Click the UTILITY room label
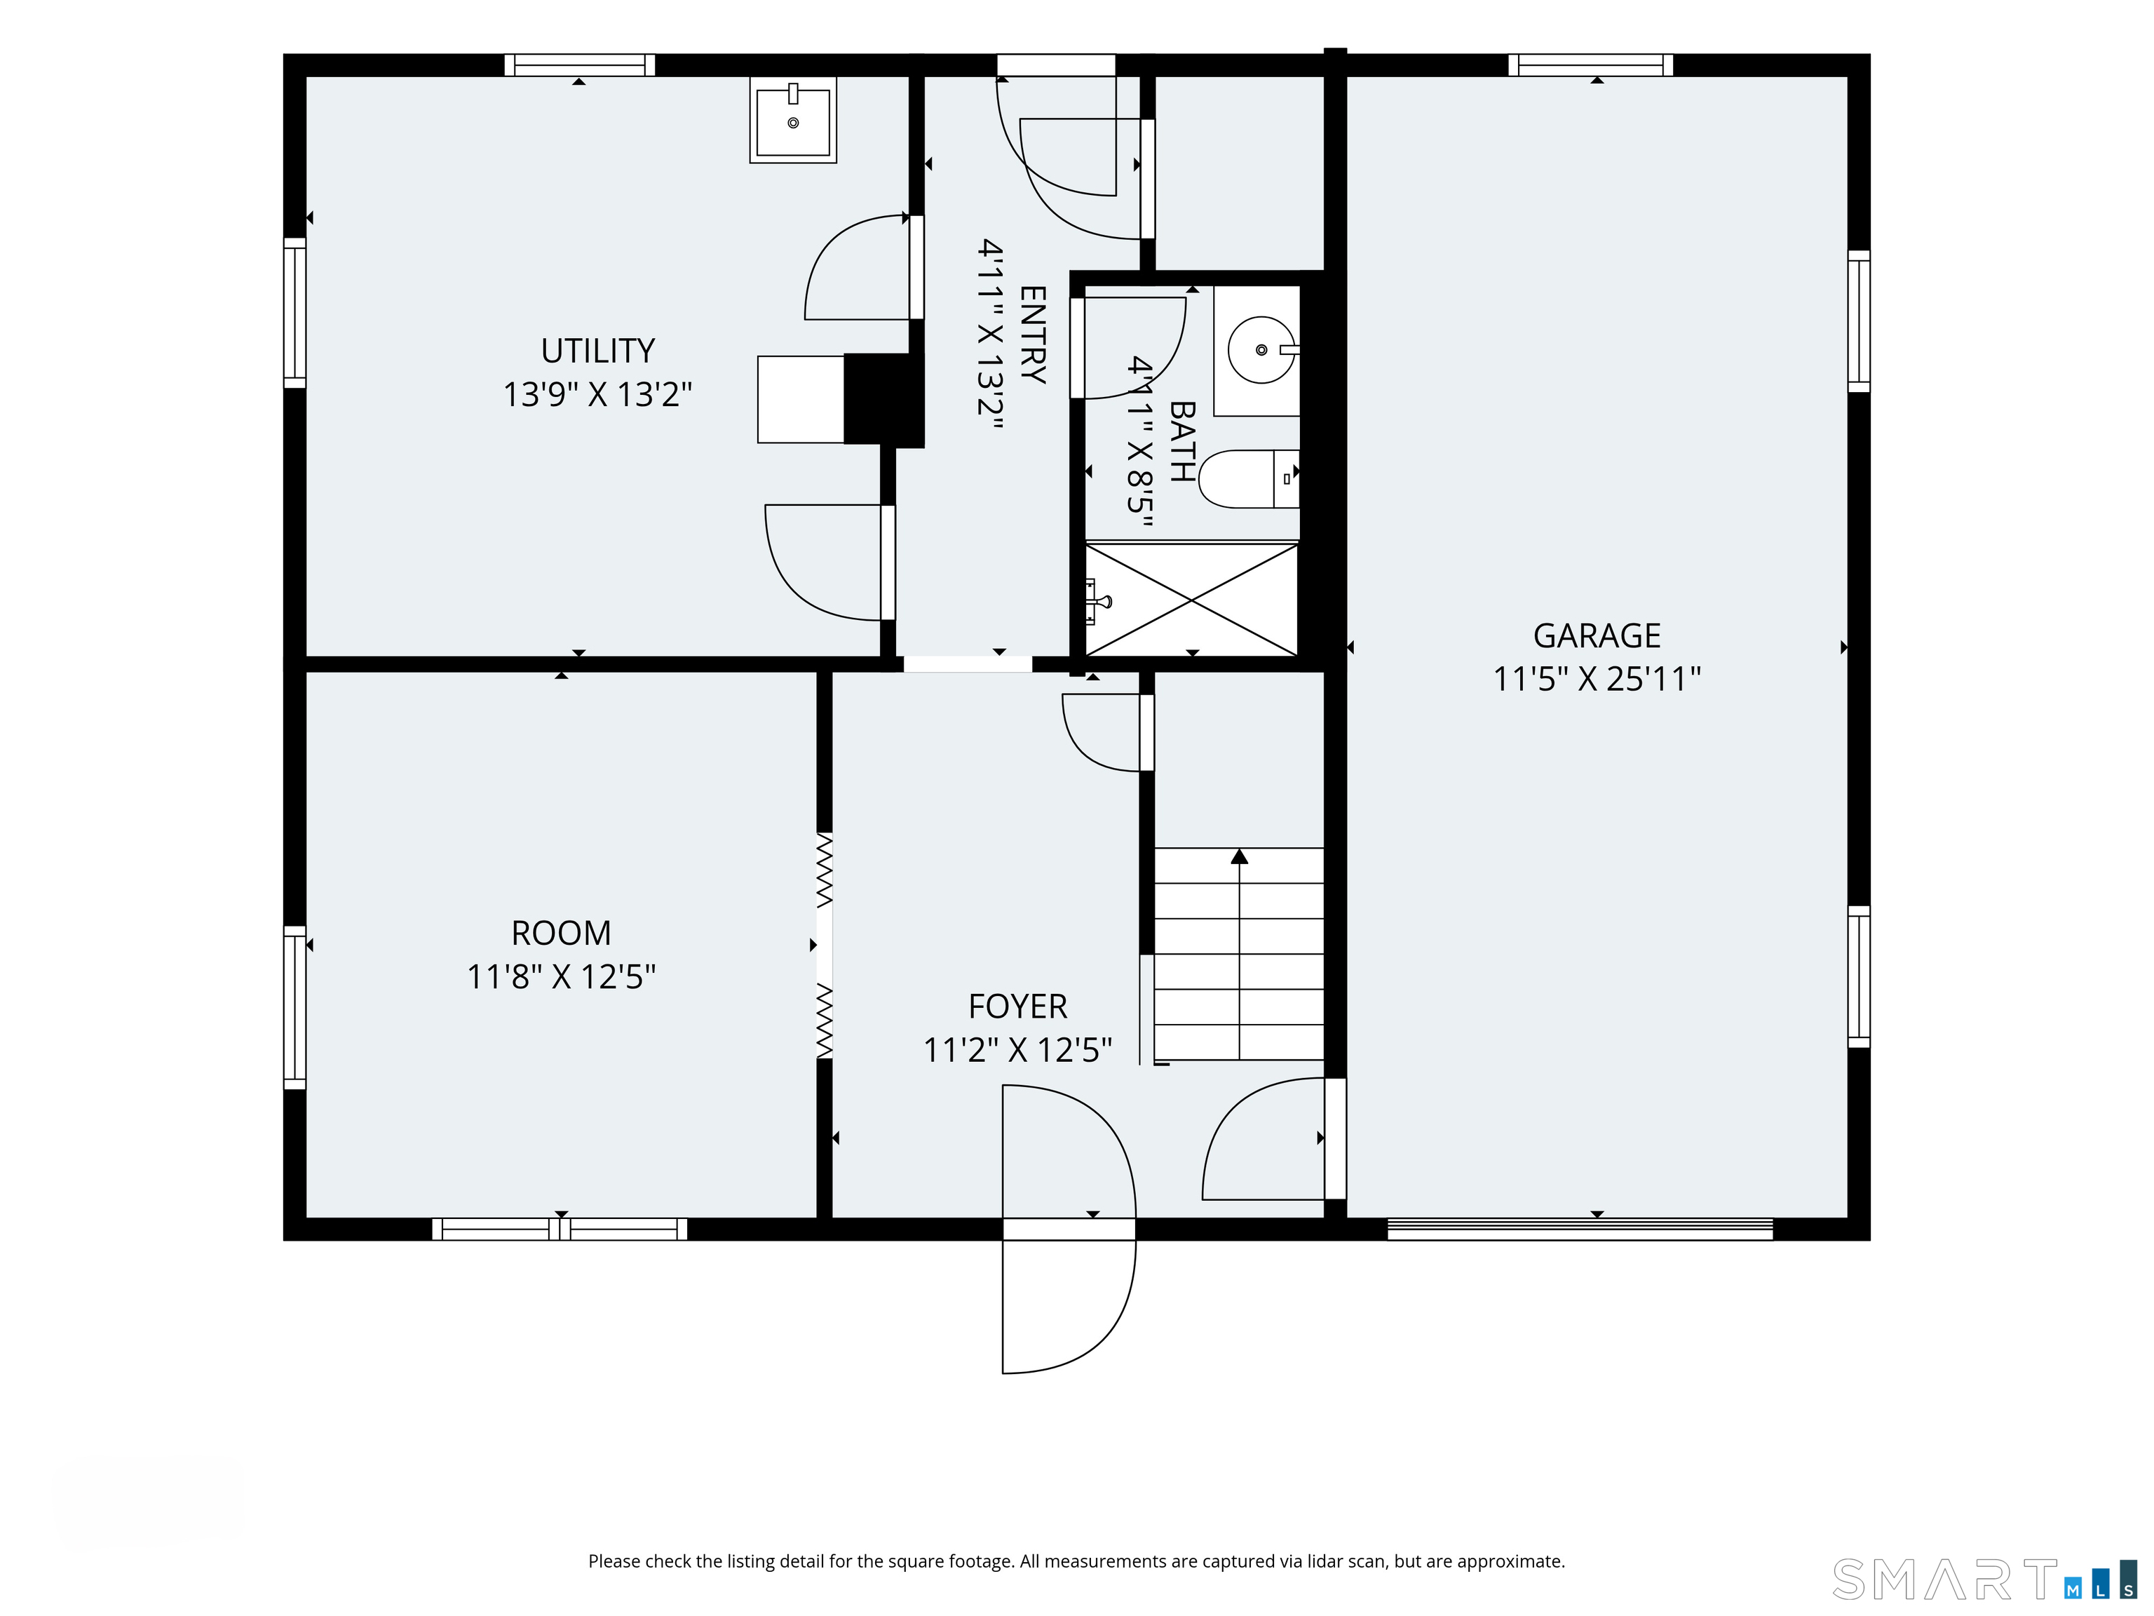coord(598,351)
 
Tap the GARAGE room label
coord(1597,636)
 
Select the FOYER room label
coord(1017,1006)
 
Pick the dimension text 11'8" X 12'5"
coord(562,976)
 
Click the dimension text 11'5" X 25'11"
coord(1597,679)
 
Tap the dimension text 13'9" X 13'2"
coord(598,394)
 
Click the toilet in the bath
coord(1248,479)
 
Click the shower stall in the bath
coord(1192,600)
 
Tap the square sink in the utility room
coord(792,120)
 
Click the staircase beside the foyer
coord(1239,955)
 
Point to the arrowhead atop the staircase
coord(1239,856)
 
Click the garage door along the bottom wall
coord(1580,1230)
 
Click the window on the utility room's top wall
coord(579,65)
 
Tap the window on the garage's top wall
coord(1591,65)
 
